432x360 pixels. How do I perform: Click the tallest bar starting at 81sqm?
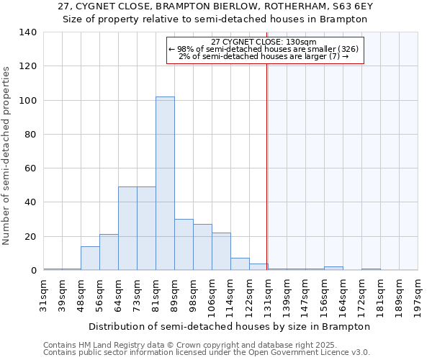(x=165, y=184)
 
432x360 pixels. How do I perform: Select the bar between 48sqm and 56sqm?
(x=90, y=258)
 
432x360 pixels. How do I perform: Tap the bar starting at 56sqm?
(x=109, y=252)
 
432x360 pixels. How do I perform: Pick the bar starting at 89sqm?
(x=184, y=245)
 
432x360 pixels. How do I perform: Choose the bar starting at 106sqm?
(x=221, y=251)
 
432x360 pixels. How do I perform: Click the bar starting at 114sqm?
(x=240, y=264)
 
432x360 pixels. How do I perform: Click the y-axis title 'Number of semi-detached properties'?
(x=7, y=156)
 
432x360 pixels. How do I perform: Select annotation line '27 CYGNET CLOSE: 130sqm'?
(x=264, y=42)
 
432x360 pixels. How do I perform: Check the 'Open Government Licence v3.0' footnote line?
(x=207, y=352)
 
